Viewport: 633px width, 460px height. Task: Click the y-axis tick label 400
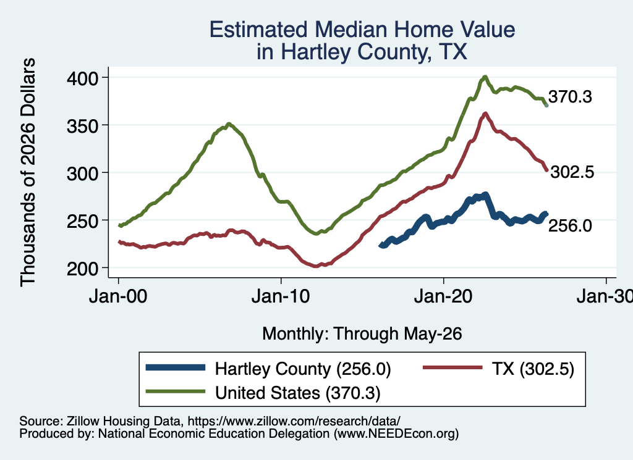point(82,78)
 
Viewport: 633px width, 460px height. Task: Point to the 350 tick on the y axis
point(82,126)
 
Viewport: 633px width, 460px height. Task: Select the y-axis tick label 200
point(82,269)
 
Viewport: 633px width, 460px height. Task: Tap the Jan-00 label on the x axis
point(118,297)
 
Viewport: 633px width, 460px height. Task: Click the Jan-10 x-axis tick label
point(281,297)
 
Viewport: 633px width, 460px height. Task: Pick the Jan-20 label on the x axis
point(443,297)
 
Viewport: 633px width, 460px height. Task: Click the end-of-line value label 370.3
point(570,97)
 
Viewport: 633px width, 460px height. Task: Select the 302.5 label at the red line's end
point(572,172)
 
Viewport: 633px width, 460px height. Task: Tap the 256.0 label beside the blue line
point(570,226)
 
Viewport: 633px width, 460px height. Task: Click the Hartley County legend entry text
point(303,369)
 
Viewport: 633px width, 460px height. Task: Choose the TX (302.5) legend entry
point(533,369)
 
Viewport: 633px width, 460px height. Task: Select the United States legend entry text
point(297,393)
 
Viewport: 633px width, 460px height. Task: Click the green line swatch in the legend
point(176,391)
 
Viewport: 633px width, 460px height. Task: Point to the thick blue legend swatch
point(176,367)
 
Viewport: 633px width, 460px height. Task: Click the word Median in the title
point(350,30)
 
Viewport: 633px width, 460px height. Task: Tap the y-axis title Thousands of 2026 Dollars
point(28,172)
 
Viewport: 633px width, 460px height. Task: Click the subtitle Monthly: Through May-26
point(362,334)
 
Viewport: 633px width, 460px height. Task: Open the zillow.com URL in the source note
point(294,421)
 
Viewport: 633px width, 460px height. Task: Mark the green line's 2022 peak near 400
point(485,77)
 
